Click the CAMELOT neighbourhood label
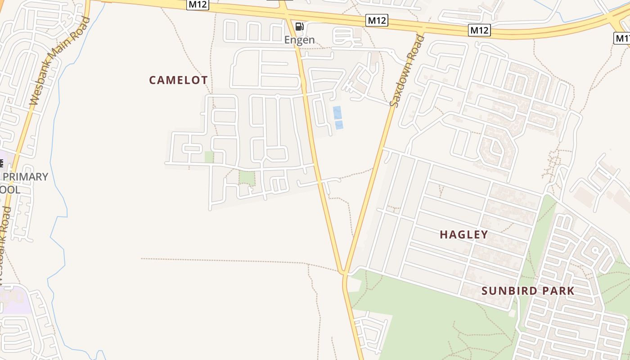(178, 80)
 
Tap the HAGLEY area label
(463, 234)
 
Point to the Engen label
(299, 40)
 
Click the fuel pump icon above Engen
(299, 26)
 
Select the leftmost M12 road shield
(198, 4)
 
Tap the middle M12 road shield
(376, 20)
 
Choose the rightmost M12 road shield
(479, 30)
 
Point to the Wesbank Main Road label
(59, 62)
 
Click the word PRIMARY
(25, 177)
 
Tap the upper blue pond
(337, 112)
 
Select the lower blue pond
(339, 125)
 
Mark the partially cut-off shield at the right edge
(622, 38)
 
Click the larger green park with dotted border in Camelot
(247, 177)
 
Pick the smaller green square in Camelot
(209, 157)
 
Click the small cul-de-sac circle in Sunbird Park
(595, 250)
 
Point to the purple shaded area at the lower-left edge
(13, 299)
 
